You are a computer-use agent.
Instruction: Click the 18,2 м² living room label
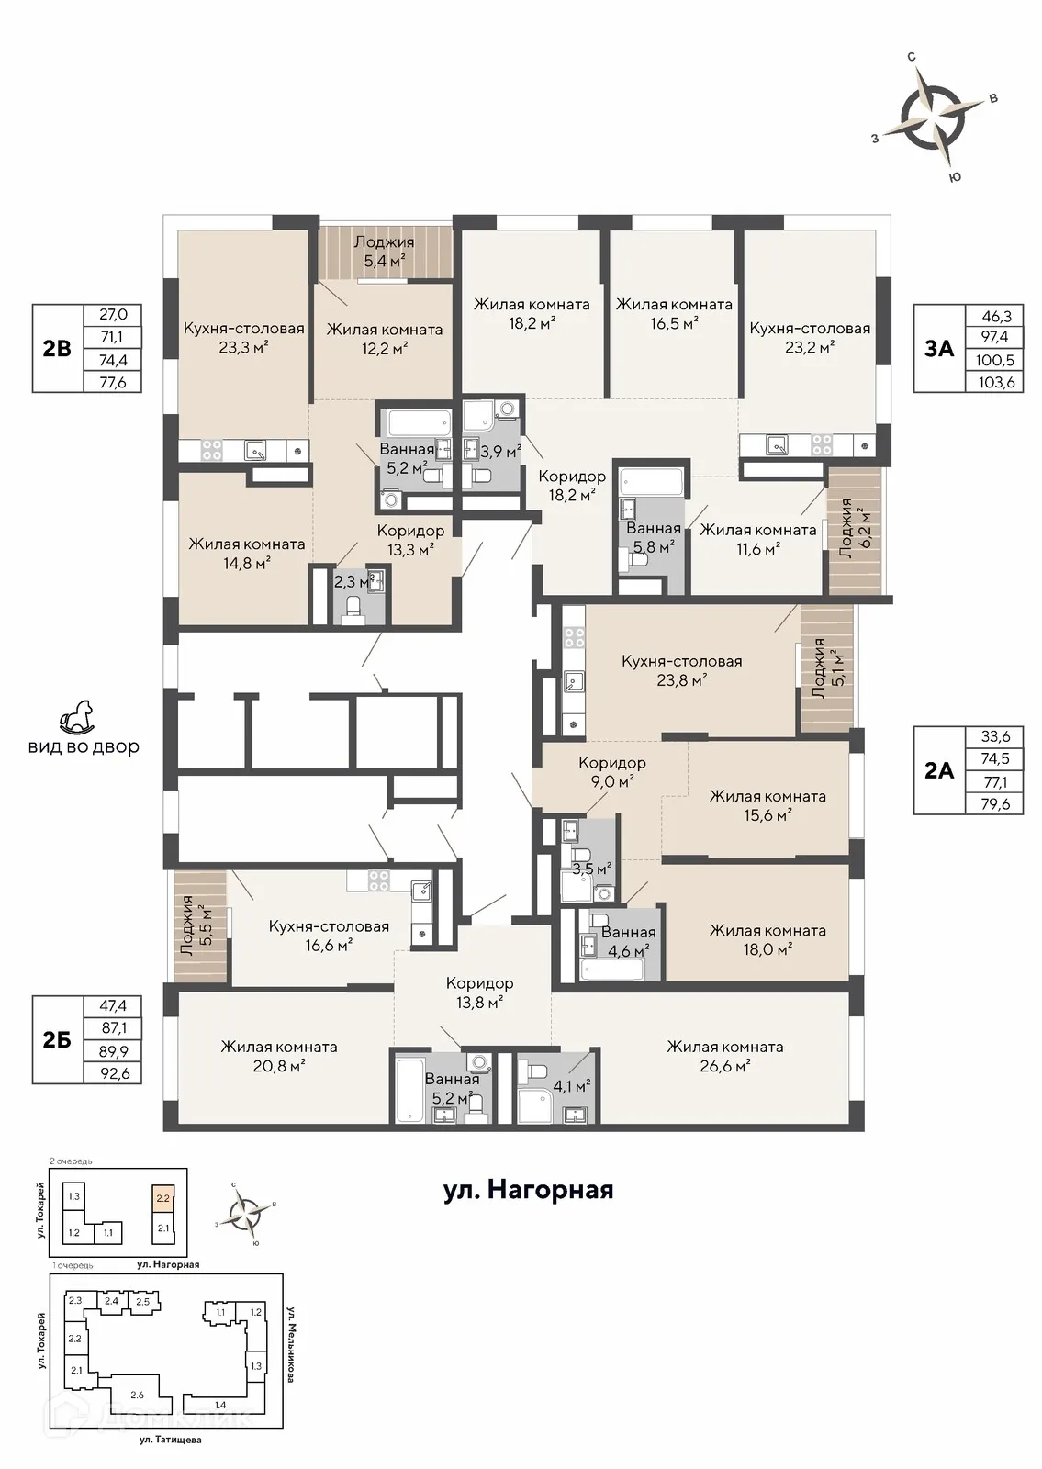tap(532, 313)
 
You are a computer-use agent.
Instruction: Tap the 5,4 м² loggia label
tap(385, 252)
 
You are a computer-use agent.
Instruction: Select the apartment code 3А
tap(939, 348)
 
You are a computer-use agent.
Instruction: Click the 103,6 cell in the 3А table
tap(995, 381)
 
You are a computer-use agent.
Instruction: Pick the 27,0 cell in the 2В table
tap(113, 314)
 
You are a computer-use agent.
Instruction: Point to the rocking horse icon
tap(76, 716)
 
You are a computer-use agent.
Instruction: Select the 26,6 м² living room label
tap(724, 1056)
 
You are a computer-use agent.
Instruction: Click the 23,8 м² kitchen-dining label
tap(682, 669)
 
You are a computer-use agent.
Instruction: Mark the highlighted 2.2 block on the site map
tap(163, 1197)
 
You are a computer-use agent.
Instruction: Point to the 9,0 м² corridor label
tap(611, 772)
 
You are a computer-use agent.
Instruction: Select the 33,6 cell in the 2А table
tap(995, 736)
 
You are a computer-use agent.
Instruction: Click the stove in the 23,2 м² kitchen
tap(821, 445)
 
